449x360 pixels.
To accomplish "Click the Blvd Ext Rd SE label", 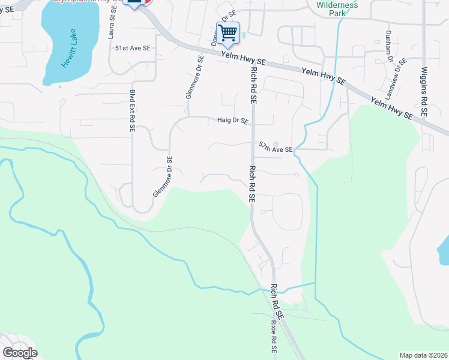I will click(132, 110).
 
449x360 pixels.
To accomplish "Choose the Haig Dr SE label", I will click(233, 121).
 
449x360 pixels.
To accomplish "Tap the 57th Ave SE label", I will click(276, 147).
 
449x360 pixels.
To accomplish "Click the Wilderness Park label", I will click(337, 8).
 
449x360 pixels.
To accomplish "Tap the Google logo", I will click(20, 353).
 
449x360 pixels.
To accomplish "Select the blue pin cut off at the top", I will click(135, 3).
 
